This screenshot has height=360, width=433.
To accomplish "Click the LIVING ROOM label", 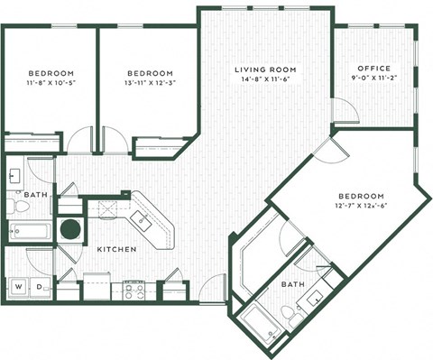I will click(x=264, y=69).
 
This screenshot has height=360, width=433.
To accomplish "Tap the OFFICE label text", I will click(x=373, y=69).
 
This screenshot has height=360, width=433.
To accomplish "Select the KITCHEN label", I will click(x=116, y=249).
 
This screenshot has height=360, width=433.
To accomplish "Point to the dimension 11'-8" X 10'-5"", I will click(x=50, y=83).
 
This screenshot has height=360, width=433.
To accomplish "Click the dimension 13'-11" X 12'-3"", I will click(x=149, y=83).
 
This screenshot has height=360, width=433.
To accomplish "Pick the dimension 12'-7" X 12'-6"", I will click(x=361, y=207).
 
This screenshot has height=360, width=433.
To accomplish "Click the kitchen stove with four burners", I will click(x=134, y=290).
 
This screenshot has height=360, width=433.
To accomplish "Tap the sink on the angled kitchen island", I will click(x=143, y=218).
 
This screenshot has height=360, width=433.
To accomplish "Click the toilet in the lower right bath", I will click(x=287, y=313).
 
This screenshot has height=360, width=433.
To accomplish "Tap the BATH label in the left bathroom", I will click(x=37, y=194).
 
